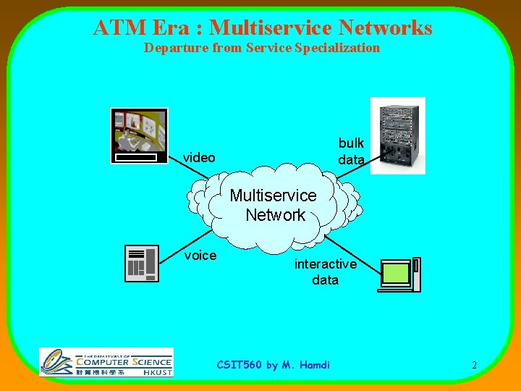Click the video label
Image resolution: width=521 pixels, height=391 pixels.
click(199, 157)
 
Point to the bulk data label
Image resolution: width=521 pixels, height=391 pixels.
click(351, 151)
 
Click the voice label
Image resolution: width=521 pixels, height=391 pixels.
click(200, 255)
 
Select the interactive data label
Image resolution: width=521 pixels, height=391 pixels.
click(325, 272)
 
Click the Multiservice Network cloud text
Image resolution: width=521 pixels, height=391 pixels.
click(274, 205)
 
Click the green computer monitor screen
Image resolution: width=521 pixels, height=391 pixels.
click(396, 273)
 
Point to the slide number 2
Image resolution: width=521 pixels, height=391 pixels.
click(474, 365)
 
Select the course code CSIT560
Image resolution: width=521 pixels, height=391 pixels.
click(240, 364)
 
